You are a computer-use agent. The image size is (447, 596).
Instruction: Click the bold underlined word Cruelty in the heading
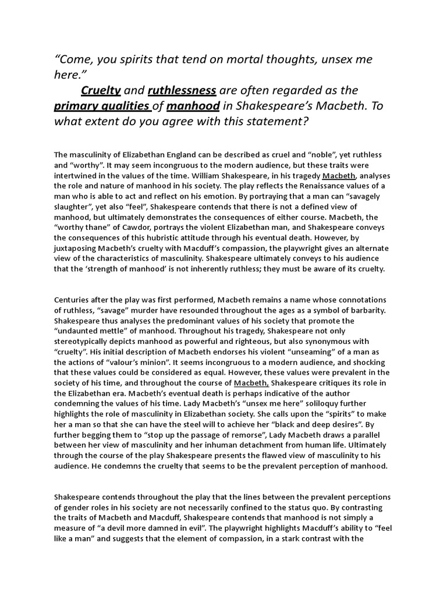pyautogui.click(x=101, y=91)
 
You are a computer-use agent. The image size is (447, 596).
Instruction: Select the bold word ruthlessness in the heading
pyautogui.click(x=182, y=91)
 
